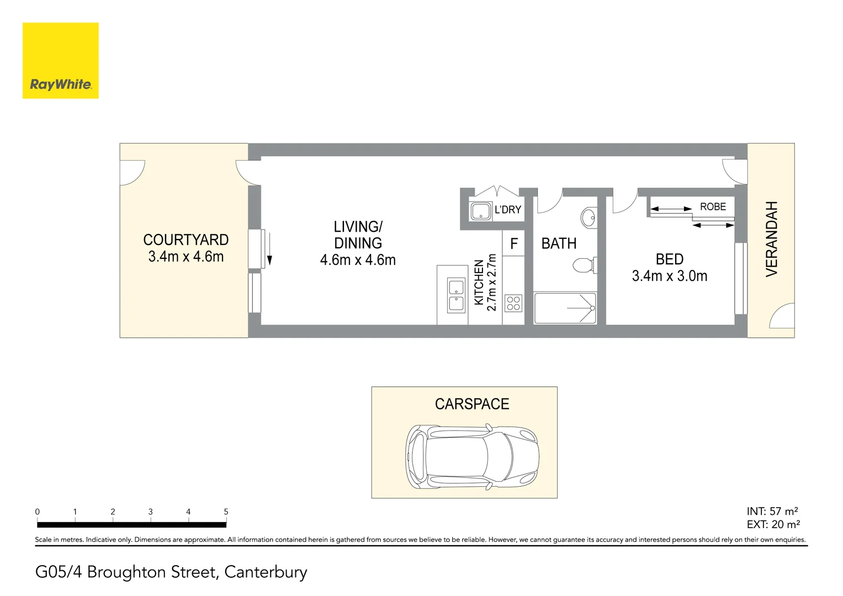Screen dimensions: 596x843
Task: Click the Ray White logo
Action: coord(60,61)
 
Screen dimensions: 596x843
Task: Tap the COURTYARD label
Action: coord(185,240)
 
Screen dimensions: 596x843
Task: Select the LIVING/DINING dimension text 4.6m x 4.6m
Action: coord(358,260)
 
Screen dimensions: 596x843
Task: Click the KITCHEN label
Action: coord(479,282)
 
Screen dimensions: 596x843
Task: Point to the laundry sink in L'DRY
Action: coord(480,211)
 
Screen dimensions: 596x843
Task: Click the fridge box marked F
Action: coord(513,243)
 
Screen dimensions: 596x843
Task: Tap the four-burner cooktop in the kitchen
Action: coord(513,304)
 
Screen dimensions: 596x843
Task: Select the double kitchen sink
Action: coord(456,296)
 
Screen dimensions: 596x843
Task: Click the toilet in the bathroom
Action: coord(584,265)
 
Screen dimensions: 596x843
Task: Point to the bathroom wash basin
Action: coord(589,217)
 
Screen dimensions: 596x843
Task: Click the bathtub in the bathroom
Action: coord(565,308)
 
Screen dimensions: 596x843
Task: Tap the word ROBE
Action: coord(713,207)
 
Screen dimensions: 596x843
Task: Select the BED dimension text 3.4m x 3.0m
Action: coord(669,276)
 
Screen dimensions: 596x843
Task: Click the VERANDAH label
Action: coord(771,238)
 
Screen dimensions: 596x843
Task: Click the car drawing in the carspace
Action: coord(472,456)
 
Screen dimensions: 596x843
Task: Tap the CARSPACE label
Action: coord(472,404)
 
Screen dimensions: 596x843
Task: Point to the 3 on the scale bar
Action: coord(150,512)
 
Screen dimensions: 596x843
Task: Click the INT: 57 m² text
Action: coord(772,512)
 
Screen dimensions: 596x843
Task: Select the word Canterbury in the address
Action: coord(266,572)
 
